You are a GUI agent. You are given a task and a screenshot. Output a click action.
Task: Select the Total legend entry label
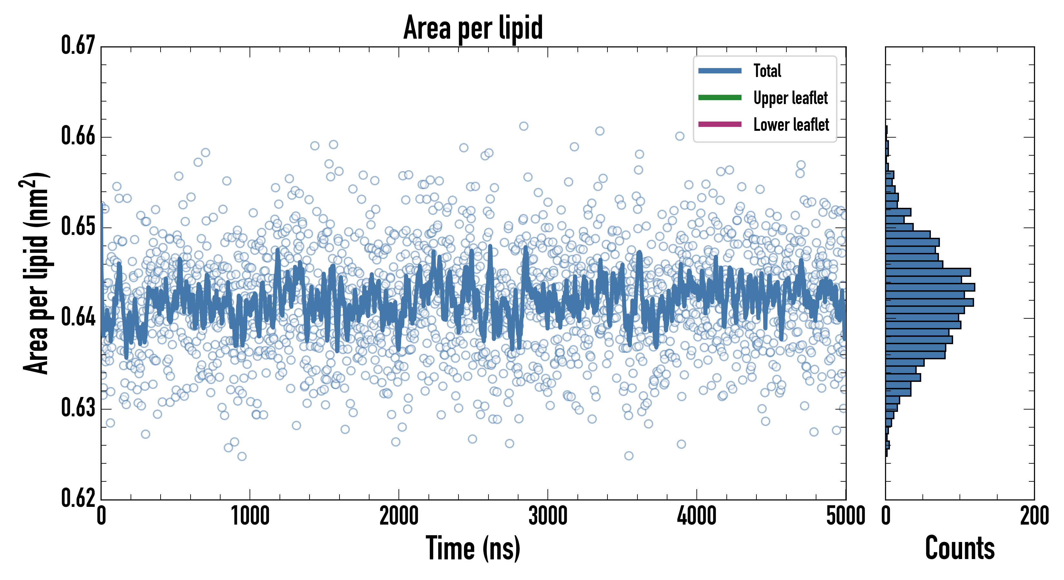coord(767,71)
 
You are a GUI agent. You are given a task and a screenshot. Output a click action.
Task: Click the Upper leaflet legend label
coord(790,98)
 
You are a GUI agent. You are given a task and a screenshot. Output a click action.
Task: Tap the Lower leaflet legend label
coord(791,124)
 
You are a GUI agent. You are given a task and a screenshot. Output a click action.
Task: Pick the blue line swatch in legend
coord(720,71)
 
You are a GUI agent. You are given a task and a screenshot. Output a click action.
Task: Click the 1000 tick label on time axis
coord(250,516)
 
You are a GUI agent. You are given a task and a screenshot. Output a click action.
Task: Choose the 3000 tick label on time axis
coord(548,516)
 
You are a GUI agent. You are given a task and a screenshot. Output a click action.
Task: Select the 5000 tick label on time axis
coord(845,516)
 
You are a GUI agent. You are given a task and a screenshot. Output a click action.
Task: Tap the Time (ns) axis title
coord(473,548)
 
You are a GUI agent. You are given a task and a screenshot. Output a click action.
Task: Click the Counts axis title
coord(960,548)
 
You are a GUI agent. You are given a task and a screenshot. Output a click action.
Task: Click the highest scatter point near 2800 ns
coord(523,126)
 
